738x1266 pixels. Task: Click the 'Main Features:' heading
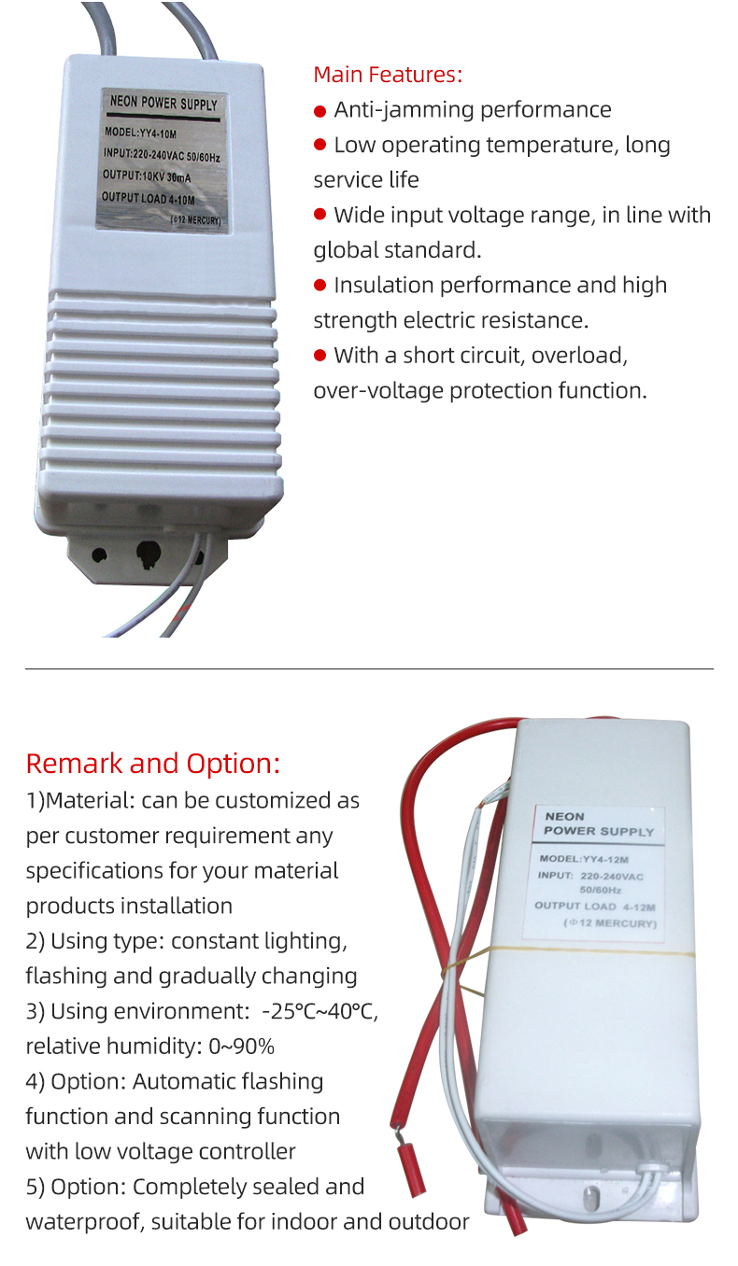point(388,75)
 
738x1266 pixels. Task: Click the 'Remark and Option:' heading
point(153,764)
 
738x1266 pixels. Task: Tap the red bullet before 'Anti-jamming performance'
point(320,111)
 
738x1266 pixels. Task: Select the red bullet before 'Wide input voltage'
point(320,215)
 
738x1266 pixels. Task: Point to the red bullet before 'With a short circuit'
point(320,356)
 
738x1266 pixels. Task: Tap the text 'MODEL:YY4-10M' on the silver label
point(141,133)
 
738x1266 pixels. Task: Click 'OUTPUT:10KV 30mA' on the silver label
point(147,176)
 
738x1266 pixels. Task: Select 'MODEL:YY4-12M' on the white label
point(584,859)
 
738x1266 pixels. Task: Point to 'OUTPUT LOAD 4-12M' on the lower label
point(595,907)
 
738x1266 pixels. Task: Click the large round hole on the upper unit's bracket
point(149,554)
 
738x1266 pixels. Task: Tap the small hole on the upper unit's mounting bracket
point(99,555)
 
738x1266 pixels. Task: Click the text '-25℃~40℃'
point(319,1011)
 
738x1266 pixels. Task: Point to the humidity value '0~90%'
point(241,1047)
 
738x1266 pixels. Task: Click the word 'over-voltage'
point(378,390)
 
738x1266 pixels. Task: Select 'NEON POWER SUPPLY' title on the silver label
point(163,103)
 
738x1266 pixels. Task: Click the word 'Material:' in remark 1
point(90,800)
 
